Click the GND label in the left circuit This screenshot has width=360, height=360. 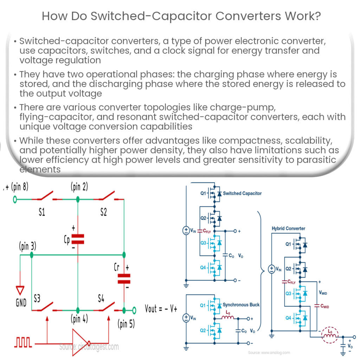tap(21, 302)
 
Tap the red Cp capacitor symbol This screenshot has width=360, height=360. tap(78, 239)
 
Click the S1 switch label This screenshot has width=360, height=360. tap(41, 213)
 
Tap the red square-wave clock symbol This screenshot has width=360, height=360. tap(24, 341)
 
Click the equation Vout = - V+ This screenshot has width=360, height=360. tap(161, 309)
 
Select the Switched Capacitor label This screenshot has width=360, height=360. tap(242, 193)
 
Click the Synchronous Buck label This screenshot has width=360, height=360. tap(241, 305)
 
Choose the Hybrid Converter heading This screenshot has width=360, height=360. tap(288, 229)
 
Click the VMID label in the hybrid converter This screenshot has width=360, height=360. tap(325, 292)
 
